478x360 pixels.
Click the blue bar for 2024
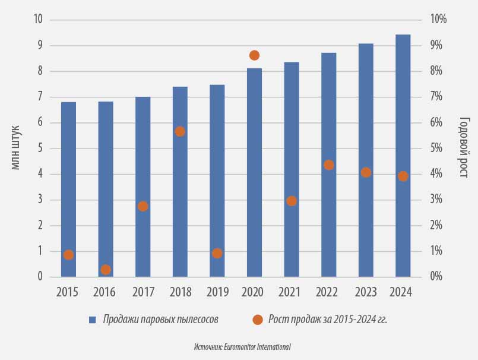403,156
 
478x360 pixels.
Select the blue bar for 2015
69,190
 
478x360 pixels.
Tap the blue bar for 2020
255,173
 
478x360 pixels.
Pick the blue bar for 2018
180,182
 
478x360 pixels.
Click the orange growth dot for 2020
255,55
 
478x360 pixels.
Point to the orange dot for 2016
106,270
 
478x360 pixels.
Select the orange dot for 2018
180,131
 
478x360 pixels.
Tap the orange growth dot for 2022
328,165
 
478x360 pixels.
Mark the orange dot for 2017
143,207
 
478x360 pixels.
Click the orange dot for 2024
403,176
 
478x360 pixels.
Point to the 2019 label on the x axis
217,292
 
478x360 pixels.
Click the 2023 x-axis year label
366,292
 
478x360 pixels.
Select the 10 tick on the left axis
39,19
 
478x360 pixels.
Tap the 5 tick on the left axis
40,149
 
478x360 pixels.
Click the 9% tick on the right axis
436,45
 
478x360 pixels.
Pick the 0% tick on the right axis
436,276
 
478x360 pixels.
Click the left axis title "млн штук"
15,148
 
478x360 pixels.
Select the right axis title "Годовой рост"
464,147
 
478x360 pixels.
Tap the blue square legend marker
93,320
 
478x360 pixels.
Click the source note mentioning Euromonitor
242,347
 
